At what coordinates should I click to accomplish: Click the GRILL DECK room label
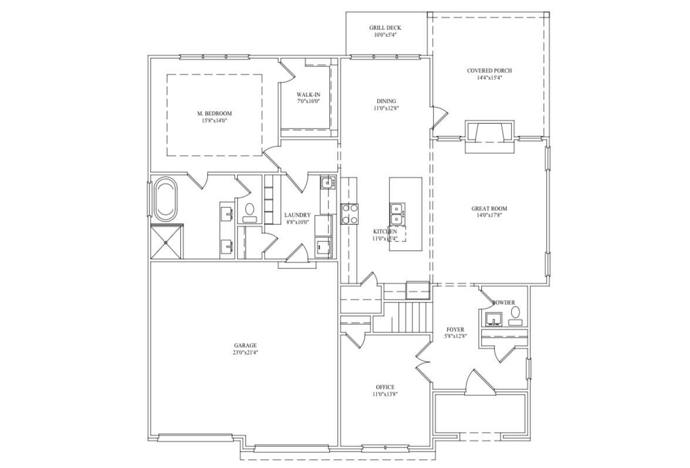click(x=385, y=28)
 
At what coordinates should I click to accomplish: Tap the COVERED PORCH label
click(x=489, y=70)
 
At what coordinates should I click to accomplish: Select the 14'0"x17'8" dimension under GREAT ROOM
click(x=489, y=216)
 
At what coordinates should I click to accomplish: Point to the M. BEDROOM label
click(x=214, y=113)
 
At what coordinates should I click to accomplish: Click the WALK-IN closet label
click(x=308, y=95)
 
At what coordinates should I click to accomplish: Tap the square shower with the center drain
click(x=167, y=241)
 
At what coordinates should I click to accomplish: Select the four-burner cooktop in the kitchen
click(x=350, y=214)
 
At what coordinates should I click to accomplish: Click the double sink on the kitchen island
click(x=397, y=214)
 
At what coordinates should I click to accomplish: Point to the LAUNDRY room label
click(x=297, y=215)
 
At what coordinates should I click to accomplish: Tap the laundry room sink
click(x=327, y=183)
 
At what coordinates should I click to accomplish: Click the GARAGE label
click(x=245, y=345)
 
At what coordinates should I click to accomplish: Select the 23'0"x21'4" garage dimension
click(x=245, y=353)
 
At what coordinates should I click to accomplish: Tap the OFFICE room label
click(x=385, y=387)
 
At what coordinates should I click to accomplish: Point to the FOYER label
click(x=455, y=329)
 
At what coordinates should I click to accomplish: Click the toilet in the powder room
click(x=515, y=319)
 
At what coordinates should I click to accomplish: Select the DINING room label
click(x=386, y=101)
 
